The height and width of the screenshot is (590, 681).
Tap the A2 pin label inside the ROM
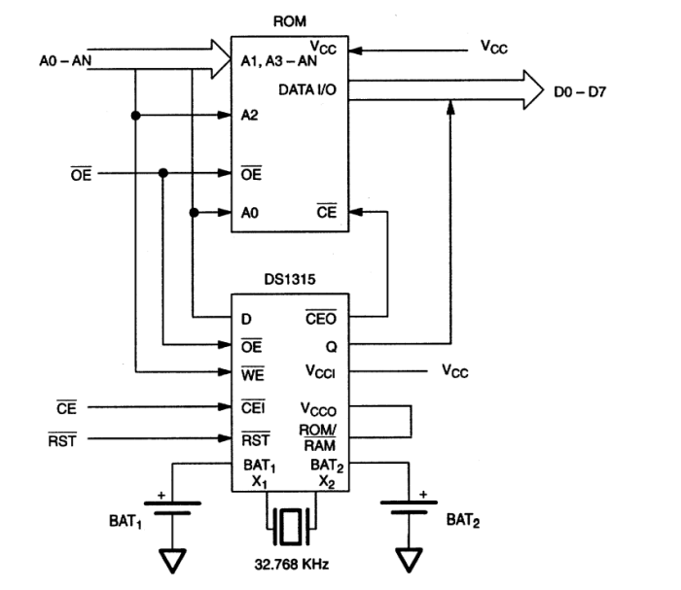[x=250, y=116]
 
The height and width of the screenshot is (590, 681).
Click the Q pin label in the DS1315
[x=331, y=344]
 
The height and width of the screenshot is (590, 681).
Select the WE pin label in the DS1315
[x=251, y=371]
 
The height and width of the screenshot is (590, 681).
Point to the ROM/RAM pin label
[x=317, y=436]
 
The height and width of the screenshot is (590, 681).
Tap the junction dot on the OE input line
[x=162, y=173]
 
